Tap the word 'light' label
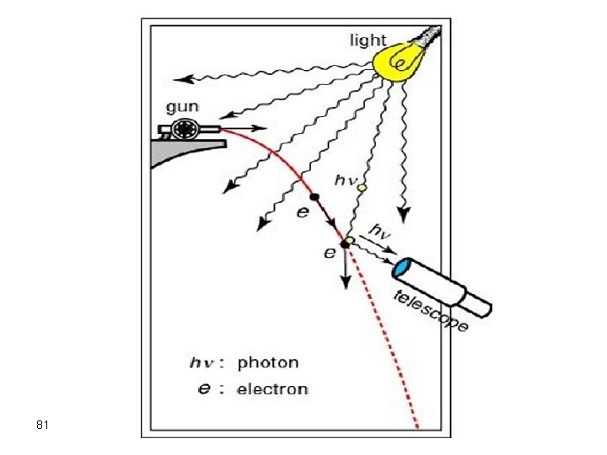(x=368, y=40)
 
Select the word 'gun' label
(x=183, y=107)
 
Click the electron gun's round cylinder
(x=183, y=128)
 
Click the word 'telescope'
(x=431, y=311)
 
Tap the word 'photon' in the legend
(x=268, y=363)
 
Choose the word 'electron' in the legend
(x=272, y=389)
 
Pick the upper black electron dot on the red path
(x=314, y=197)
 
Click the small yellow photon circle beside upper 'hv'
(x=362, y=188)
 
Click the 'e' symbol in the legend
(x=205, y=389)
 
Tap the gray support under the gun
(x=181, y=153)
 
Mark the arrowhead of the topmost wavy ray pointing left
(x=188, y=79)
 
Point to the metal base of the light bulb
(x=431, y=36)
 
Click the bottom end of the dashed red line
(x=416, y=426)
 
